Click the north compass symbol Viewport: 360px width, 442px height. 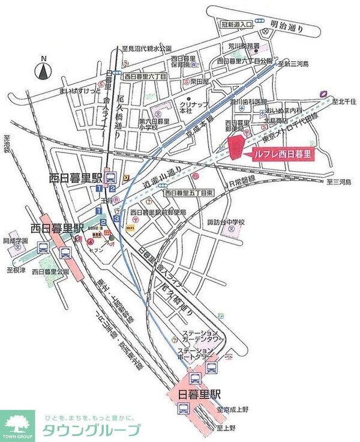[44, 71]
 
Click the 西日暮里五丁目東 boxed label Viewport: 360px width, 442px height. [189, 193]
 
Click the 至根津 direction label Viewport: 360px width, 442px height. [16, 271]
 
